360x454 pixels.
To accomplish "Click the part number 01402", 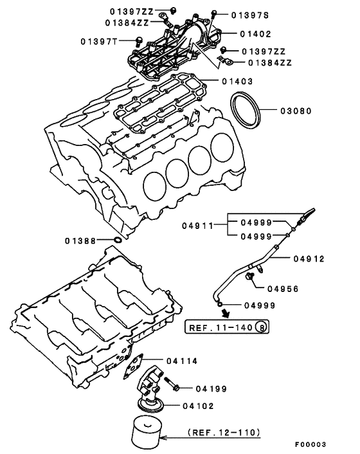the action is (x=255, y=34).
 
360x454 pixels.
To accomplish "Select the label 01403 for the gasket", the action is (x=237, y=82).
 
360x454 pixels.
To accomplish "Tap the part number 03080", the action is (x=296, y=111).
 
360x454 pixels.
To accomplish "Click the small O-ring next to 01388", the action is (x=118, y=240).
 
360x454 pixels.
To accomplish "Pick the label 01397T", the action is (x=99, y=42).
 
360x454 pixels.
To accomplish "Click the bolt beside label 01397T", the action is (x=139, y=41).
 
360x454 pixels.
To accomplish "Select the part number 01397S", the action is (x=250, y=15).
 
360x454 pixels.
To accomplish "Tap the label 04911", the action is (x=197, y=226).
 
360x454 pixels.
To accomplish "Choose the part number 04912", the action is (x=309, y=259).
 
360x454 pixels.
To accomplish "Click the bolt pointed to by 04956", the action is (x=249, y=277).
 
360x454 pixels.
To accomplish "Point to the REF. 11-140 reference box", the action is (x=227, y=327).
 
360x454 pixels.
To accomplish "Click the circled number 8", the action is (x=261, y=327).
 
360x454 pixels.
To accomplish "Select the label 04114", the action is (x=182, y=361).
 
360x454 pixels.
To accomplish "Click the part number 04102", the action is (x=198, y=406).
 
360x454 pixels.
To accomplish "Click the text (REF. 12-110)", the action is (x=224, y=432).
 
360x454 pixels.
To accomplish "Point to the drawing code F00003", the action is (x=310, y=444).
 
